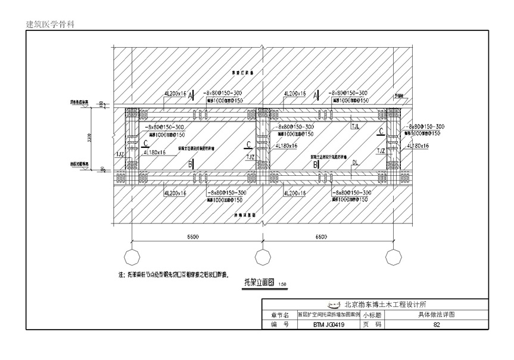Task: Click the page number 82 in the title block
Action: tap(437, 325)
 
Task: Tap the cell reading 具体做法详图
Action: tap(437, 315)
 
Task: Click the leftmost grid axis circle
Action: tap(131, 257)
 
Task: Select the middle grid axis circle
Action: tap(262, 257)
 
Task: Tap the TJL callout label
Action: tap(356, 126)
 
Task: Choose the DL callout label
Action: tap(355, 162)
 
